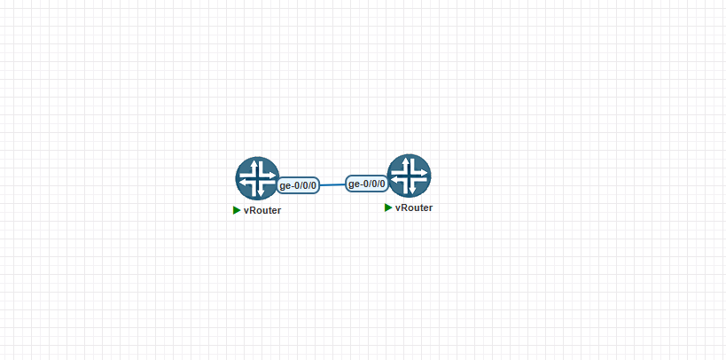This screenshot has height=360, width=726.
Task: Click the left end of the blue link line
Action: pyautogui.click(x=319, y=185)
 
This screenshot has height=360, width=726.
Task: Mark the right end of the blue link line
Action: pyautogui.click(x=347, y=184)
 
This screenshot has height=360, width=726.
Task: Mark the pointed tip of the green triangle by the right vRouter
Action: pyautogui.click(x=393, y=207)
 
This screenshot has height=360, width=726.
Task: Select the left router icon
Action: pyautogui.click(x=257, y=178)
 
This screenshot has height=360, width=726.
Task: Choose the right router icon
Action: pyautogui.click(x=410, y=176)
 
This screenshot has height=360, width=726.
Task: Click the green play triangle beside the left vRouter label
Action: pyautogui.click(x=237, y=210)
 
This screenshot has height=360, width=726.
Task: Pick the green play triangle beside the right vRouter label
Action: pyautogui.click(x=388, y=207)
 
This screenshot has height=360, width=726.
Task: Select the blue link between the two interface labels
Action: pyautogui.click(x=333, y=184)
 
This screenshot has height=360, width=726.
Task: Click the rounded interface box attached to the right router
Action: pyautogui.click(x=367, y=184)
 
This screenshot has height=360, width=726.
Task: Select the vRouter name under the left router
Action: pyautogui.click(x=262, y=210)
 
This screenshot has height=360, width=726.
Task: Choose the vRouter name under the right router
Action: pyautogui.click(x=414, y=207)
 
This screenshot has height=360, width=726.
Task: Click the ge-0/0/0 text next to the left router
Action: pyautogui.click(x=298, y=186)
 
